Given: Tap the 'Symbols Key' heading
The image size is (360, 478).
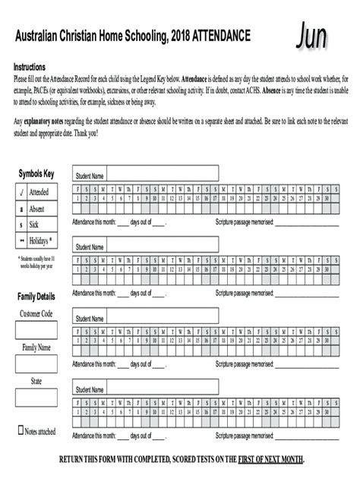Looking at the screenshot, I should pyautogui.click(x=36, y=174).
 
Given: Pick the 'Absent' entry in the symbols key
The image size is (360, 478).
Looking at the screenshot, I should pyautogui.click(x=36, y=209).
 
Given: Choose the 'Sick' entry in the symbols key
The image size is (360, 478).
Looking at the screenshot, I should pyautogui.click(x=33, y=225).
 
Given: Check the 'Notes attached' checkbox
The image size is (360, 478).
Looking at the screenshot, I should pyautogui.click(x=21, y=430).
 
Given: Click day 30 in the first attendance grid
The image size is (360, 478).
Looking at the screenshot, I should pyautogui.click(x=326, y=199).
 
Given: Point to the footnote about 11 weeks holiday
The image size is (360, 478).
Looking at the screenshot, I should pyautogui.click(x=36, y=263).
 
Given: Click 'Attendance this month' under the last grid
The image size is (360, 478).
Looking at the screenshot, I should pyautogui.click(x=94, y=437).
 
